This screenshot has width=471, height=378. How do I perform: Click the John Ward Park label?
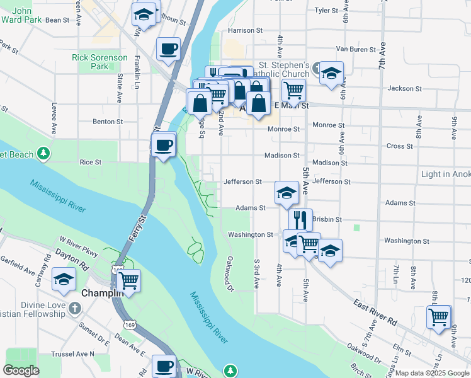[22, 16]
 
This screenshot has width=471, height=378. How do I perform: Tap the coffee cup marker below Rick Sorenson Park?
[169, 50]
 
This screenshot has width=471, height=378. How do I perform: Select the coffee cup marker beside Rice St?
[164, 146]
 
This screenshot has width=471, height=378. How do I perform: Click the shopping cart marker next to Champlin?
[128, 281]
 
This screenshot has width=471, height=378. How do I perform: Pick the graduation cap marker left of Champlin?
[64, 280]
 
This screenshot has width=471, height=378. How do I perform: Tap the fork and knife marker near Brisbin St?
[300, 220]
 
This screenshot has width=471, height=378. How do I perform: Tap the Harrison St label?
[245, 30]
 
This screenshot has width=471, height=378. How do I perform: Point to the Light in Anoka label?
[445, 174]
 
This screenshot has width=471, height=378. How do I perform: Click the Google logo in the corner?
[21, 370]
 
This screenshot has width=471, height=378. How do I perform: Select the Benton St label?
[108, 122]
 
